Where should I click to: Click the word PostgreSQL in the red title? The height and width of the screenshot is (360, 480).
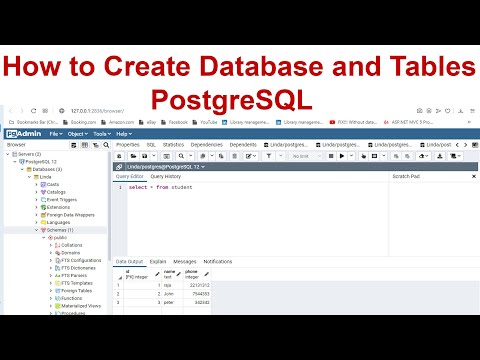[239, 99]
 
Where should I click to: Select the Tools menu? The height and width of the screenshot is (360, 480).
[101, 133]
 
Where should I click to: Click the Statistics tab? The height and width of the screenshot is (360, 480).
[173, 145]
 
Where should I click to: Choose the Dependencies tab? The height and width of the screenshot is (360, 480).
[207, 145]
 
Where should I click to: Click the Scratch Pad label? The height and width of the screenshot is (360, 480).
[406, 176]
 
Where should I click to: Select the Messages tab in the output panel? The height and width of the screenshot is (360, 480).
[185, 261]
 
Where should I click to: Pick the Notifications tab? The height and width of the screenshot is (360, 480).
[218, 261]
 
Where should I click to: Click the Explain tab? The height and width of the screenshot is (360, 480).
[158, 261]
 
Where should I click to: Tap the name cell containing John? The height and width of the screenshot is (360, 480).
[169, 293]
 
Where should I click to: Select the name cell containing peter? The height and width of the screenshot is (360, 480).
[169, 301]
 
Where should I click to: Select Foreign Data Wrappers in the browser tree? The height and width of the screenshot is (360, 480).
[69, 215]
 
